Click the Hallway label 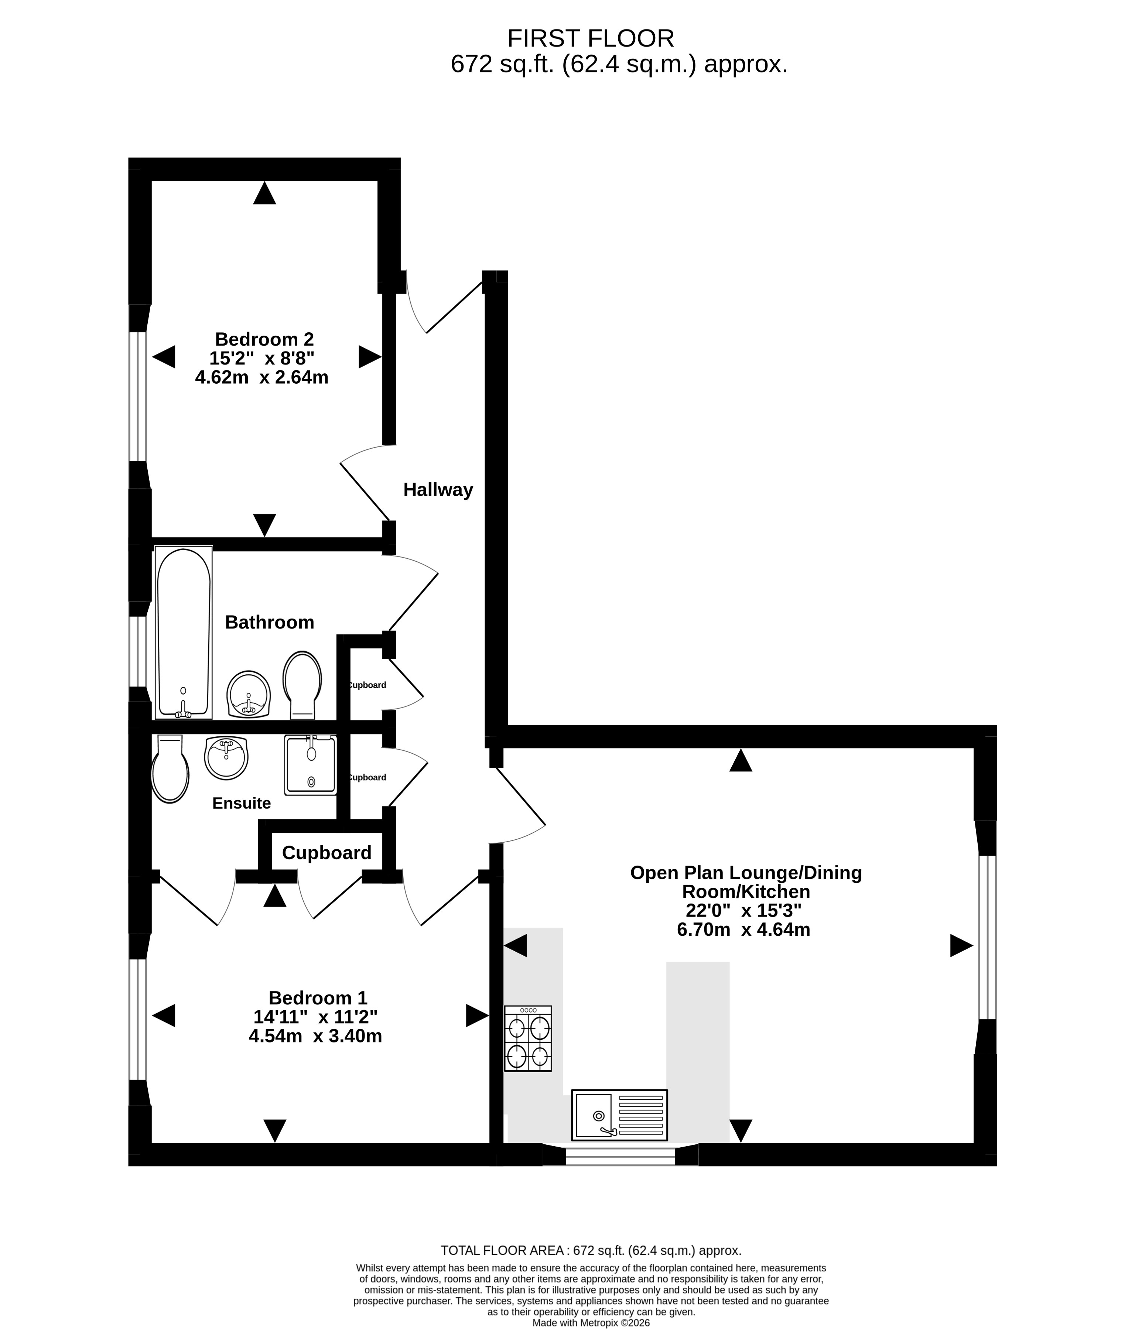point(438,490)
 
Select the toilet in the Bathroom point(302,685)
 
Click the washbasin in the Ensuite point(226,758)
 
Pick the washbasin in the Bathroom point(249,694)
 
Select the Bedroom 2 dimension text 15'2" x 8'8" point(262,358)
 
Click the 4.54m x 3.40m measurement point(316,1036)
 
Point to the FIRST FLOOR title point(591,38)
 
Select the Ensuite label point(242,803)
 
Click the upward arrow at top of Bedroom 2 point(265,193)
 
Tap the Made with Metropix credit point(591,1323)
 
